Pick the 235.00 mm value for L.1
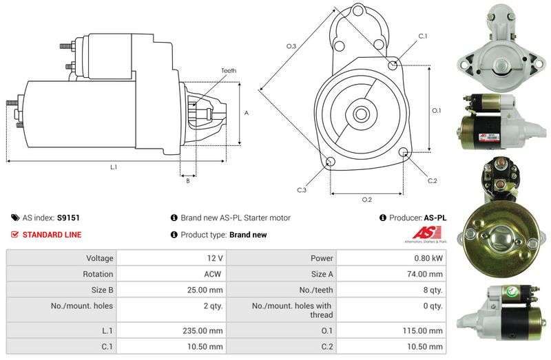[x=204, y=330]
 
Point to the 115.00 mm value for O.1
[x=426, y=330]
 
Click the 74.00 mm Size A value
[x=428, y=274]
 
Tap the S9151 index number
[x=68, y=218]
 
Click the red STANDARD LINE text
[x=52, y=235]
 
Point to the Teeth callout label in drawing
[x=229, y=71]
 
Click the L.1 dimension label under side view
[x=114, y=167]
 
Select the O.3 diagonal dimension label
[x=291, y=46]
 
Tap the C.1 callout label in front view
[x=423, y=36]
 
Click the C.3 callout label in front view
[x=302, y=189]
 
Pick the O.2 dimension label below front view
[x=367, y=200]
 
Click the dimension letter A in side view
[x=246, y=112]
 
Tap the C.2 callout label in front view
[x=432, y=181]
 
